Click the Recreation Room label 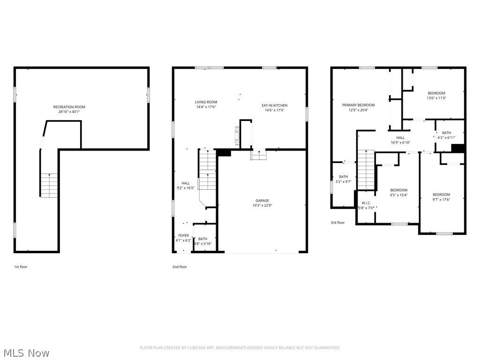click(x=69, y=107)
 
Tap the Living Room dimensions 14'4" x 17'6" click(x=206, y=107)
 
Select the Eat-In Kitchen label click(x=275, y=105)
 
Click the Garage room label click(x=262, y=201)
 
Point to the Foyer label click(x=184, y=235)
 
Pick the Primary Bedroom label click(x=359, y=105)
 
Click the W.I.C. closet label click(x=366, y=203)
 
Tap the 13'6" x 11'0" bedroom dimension click(x=436, y=98)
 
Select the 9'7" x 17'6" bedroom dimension click(x=442, y=199)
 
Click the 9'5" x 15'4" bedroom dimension click(x=399, y=195)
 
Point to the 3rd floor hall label click(x=400, y=138)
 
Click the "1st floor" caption click(x=21, y=267)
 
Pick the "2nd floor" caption click(x=180, y=267)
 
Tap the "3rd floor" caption click(x=337, y=223)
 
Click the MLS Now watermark click(x=27, y=353)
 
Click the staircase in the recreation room click(x=49, y=186)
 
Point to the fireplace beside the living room click(x=237, y=135)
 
